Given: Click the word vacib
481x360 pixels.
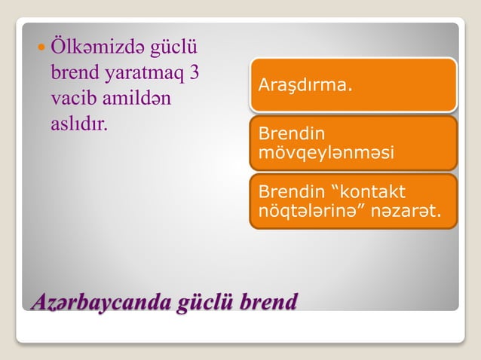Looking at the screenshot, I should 69,98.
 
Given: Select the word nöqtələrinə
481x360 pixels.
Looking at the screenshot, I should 308,209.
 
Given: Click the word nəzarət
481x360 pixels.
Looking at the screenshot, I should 406,209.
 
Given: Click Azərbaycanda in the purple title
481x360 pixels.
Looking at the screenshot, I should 100,300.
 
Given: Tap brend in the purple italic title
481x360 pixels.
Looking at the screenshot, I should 268,300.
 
